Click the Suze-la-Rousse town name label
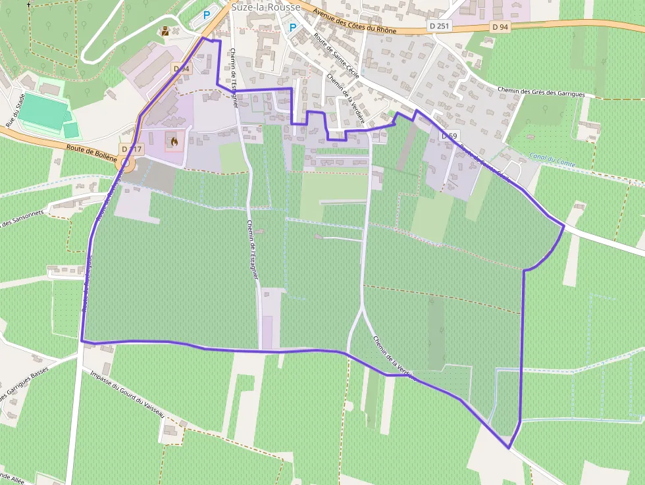click(x=266, y=7)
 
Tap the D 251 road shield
click(x=439, y=26)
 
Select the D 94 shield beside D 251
click(x=500, y=27)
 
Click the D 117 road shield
click(x=132, y=149)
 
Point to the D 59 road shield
click(x=449, y=136)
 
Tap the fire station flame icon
click(x=174, y=141)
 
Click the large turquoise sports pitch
click(x=42, y=111)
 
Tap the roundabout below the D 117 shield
click(x=124, y=161)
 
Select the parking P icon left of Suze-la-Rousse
click(x=207, y=14)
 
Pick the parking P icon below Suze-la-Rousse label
click(x=293, y=28)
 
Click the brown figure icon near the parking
click(x=165, y=30)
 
